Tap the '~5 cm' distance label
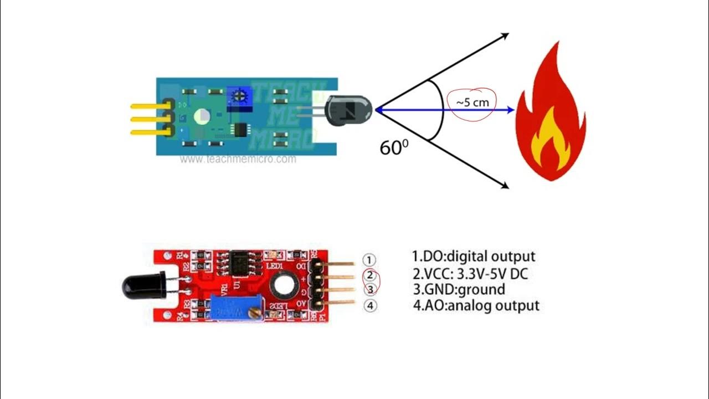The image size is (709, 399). [x=472, y=103]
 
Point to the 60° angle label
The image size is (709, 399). [x=394, y=147]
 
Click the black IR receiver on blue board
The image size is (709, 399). [x=346, y=109]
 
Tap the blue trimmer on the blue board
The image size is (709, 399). [x=239, y=96]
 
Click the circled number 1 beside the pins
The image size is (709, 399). [x=369, y=260]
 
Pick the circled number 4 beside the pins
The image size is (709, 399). [x=369, y=305]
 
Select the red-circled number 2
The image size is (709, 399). [x=370, y=275]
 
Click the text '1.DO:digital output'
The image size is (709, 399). [x=474, y=257]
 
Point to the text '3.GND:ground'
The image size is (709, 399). [x=458, y=289]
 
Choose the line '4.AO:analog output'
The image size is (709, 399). [x=475, y=305]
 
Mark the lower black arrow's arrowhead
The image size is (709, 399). [x=505, y=186]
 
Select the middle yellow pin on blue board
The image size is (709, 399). [x=148, y=117]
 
